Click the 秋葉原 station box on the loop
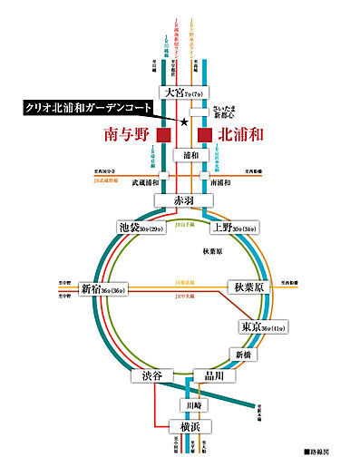[x=249, y=288]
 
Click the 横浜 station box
[x=185, y=426]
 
